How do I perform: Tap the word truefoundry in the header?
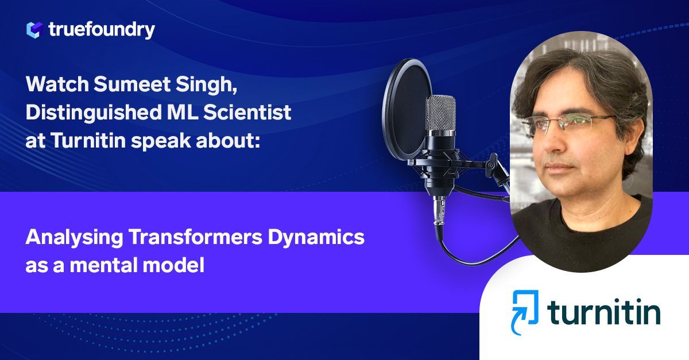click(x=102, y=30)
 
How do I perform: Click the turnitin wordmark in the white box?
click(x=603, y=313)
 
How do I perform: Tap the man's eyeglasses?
click(x=574, y=123)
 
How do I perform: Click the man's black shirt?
click(x=580, y=230)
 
